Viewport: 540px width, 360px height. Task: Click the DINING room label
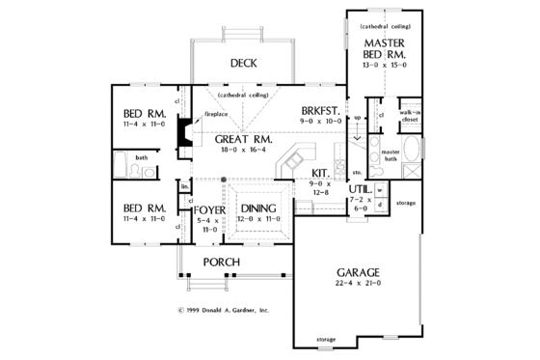260,208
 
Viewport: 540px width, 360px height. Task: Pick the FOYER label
209,209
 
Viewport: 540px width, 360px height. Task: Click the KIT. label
321,173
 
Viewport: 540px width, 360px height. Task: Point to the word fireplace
215,114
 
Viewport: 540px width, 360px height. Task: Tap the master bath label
391,155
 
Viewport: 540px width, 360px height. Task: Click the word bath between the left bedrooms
141,156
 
